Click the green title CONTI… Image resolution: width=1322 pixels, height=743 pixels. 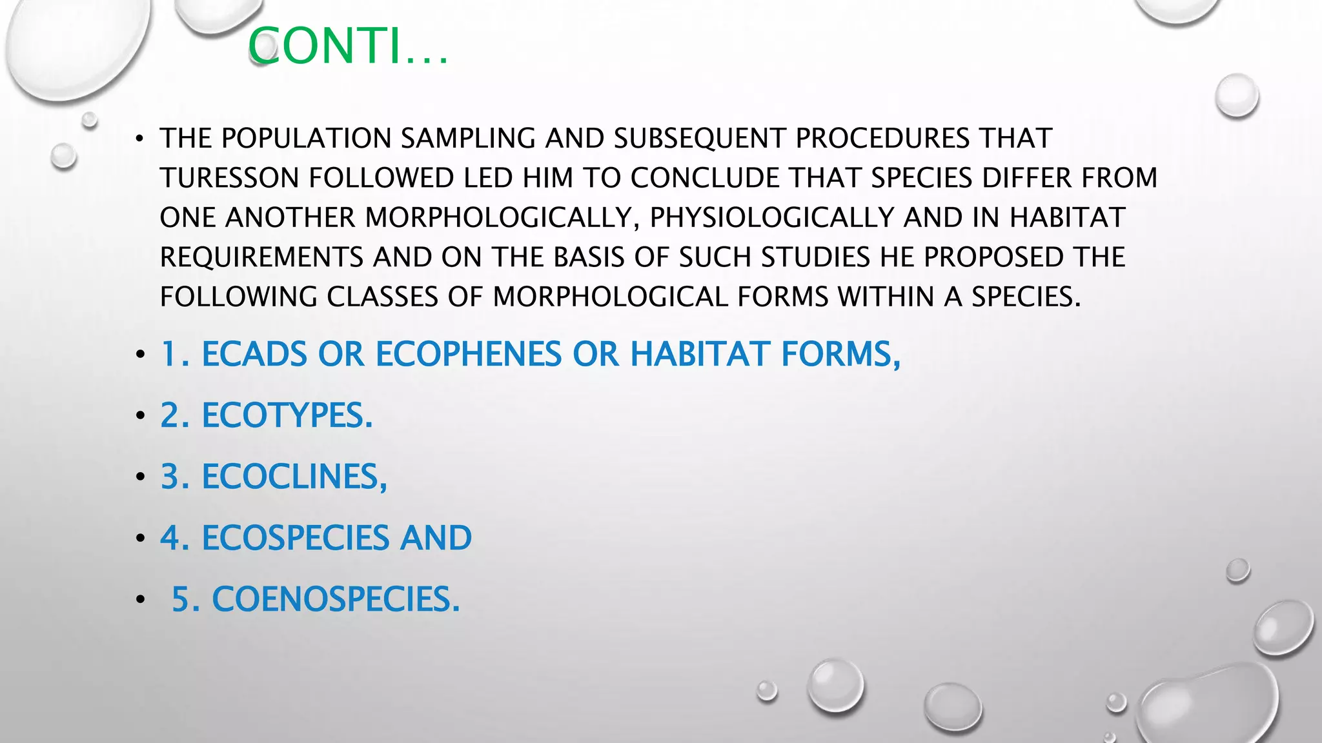click(348, 46)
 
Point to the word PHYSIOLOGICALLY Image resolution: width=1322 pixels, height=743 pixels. click(772, 218)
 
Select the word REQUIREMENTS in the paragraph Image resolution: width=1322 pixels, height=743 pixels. click(261, 257)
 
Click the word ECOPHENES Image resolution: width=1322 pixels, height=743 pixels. click(469, 354)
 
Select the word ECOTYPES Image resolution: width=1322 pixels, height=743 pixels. click(287, 415)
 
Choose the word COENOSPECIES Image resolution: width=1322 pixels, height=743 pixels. click(336, 599)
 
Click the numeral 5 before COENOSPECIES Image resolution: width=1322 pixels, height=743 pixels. click(180, 599)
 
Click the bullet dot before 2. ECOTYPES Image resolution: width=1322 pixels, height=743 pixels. click(140, 416)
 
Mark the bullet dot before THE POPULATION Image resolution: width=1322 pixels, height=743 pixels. click(140, 139)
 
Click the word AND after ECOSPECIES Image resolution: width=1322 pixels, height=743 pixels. click(436, 538)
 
